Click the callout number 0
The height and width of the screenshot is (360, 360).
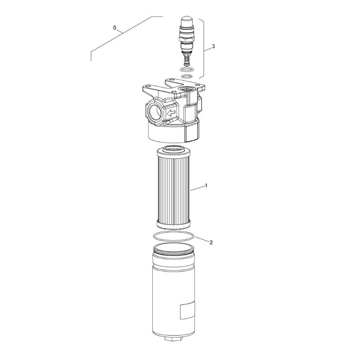[x=115, y=28]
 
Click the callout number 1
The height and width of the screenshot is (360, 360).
[x=206, y=185]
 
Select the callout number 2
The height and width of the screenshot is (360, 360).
[x=211, y=242]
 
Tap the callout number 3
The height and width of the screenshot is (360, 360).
[x=213, y=46]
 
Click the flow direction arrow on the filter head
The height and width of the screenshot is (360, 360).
[x=171, y=113]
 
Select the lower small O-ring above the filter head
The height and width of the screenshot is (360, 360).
[x=186, y=76]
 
